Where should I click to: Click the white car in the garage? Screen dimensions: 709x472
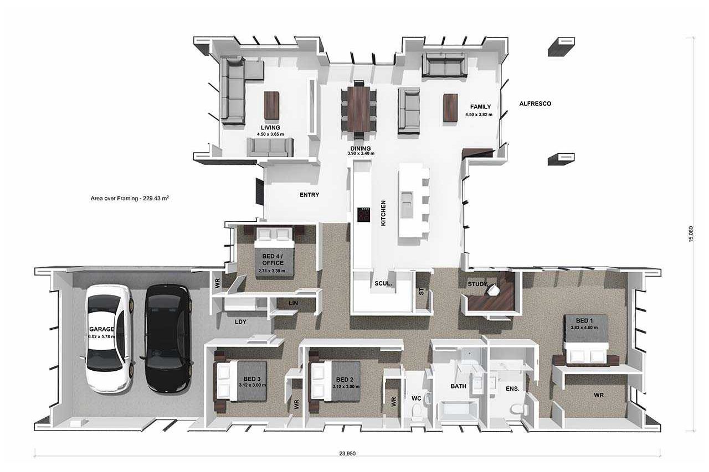point(109,339)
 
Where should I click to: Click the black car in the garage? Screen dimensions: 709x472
point(168,339)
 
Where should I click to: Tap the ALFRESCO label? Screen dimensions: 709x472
point(535,103)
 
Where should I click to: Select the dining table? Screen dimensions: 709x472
point(359,110)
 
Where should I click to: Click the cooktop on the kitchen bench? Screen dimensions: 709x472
point(364,215)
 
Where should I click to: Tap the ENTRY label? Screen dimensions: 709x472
point(309,195)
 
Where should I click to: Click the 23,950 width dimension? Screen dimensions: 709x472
point(347,453)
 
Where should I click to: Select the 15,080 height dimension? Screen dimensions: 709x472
point(691,234)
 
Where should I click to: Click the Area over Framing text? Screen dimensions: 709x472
point(130,199)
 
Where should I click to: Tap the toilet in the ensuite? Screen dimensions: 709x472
point(518,409)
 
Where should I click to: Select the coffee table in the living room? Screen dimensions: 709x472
point(271,106)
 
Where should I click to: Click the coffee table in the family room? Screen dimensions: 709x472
point(450,107)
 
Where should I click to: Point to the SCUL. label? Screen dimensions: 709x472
point(383,283)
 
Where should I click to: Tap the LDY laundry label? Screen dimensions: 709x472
point(240,322)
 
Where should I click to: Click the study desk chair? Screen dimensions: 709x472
point(493,290)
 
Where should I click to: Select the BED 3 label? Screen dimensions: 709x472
point(252,378)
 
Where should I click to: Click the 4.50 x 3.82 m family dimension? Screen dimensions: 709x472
point(479,115)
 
